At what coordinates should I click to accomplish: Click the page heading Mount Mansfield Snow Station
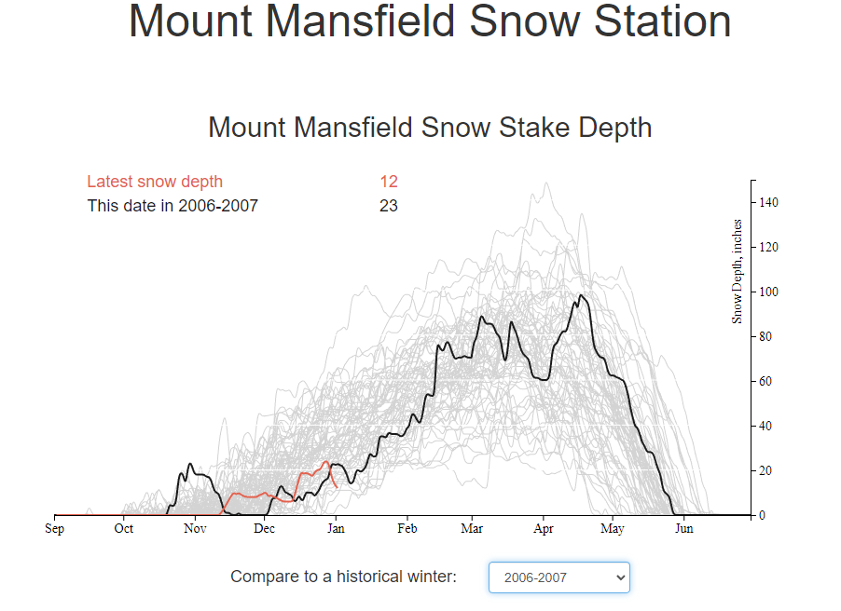point(430,21)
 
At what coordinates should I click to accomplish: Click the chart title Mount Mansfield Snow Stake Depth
point(430,128)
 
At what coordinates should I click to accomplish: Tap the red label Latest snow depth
point(155,182)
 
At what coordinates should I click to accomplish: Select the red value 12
point(389,182)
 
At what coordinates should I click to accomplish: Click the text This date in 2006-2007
point(172,206)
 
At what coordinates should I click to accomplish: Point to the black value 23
point(389,206)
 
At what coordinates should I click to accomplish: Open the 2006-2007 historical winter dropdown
point(559,577)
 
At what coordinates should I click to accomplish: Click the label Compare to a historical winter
point(344,577)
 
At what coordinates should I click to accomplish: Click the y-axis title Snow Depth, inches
point(737,271)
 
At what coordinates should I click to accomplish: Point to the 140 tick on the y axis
point(768,203)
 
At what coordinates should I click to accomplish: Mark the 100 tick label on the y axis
point(768,292)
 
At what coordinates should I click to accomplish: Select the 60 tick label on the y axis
point(765,382)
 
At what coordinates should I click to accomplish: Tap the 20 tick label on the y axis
point(765,471)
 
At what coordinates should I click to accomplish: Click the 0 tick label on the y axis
point(762,516)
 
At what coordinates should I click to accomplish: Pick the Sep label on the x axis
point(55,529)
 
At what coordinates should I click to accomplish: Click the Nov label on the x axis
point(195,528)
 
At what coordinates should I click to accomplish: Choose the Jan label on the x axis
point(337,528)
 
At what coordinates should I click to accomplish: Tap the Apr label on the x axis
point(544,529)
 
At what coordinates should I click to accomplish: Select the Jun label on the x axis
point(683,528)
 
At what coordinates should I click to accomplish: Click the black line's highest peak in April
point(581,294)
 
